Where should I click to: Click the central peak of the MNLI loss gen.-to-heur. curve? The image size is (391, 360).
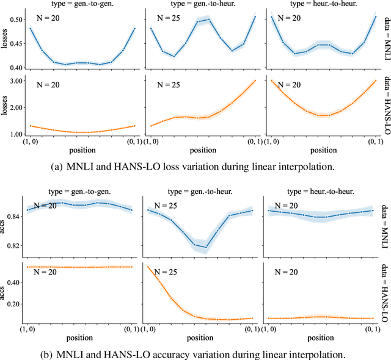(208, 20)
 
